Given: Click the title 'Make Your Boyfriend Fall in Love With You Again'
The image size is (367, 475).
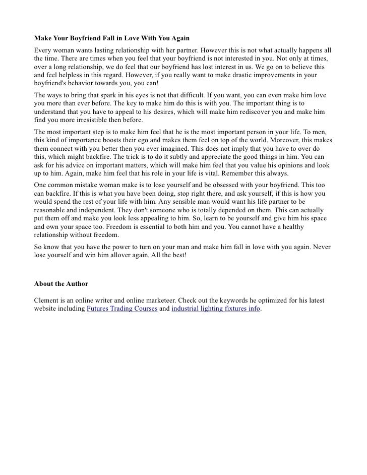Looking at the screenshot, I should coord(111,38).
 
